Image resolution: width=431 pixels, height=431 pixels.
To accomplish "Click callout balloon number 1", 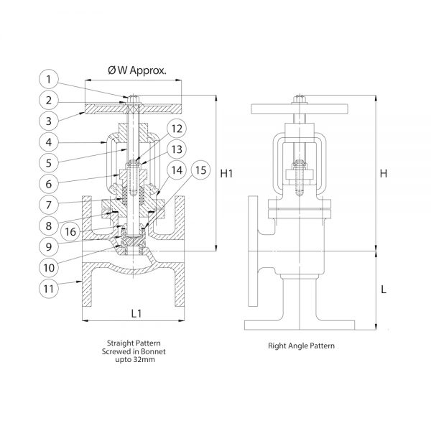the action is (49, 79).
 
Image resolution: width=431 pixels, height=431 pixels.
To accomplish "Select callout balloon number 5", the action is (49, 163).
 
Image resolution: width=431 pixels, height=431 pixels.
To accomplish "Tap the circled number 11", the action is (49, 289).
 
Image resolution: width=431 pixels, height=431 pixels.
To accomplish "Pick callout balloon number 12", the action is (177, 129).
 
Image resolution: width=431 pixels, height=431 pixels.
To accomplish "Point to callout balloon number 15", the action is (200, 170).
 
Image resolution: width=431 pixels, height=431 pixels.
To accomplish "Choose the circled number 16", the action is (70, 232).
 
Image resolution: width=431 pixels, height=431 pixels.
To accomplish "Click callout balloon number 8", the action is (49, 226).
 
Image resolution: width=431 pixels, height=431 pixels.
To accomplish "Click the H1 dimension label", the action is (226, 173).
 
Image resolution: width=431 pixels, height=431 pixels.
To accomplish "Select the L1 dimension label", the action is (136, 313).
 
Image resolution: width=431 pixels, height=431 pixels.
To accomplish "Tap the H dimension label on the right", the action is (384, 173).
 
